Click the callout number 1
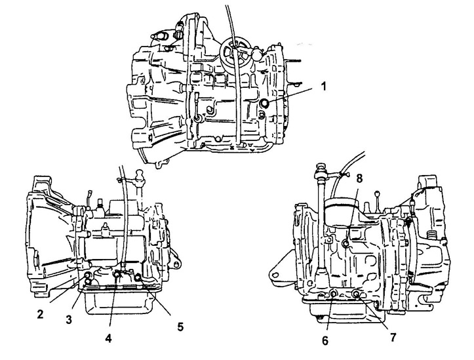click(x=324, y=87)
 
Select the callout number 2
click(x=40, y=314)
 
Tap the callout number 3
click(x=69, y=319)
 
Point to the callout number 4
click(x=108, y=338)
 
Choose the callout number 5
click(x=180, y=327)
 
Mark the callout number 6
click(x=325, y=340)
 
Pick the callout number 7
click(x=393, y=337)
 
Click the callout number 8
click(x=359, y=178)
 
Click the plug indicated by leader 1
click(x=265, y=103)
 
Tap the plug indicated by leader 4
click(x=117, y=275)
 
